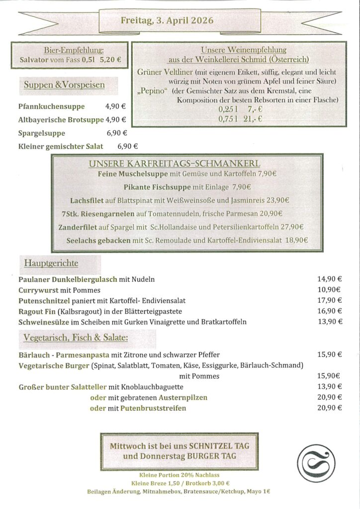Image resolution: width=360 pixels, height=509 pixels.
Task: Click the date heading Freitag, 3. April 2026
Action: pos(167,20)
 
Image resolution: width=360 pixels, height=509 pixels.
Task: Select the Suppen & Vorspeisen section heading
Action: pos(64,85)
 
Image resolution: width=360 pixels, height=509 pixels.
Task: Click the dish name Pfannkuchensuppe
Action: pos(51,106)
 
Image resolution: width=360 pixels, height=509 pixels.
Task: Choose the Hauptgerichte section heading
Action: pos(51,262)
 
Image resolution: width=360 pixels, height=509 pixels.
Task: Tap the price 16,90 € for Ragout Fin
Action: pos(330,311)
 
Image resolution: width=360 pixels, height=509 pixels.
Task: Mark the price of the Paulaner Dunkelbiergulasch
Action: pos(330,279)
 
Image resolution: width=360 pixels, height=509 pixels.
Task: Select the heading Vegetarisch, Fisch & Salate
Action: pos(76,338)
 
